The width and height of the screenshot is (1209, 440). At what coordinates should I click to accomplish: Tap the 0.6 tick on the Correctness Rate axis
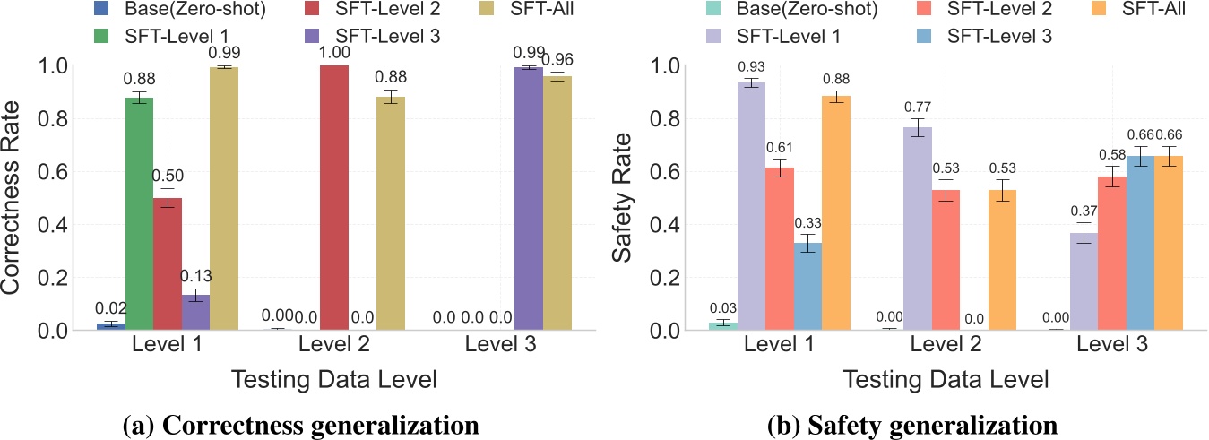pos(62,171)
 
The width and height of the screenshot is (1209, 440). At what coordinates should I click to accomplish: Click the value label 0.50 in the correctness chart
pos(168,176)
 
